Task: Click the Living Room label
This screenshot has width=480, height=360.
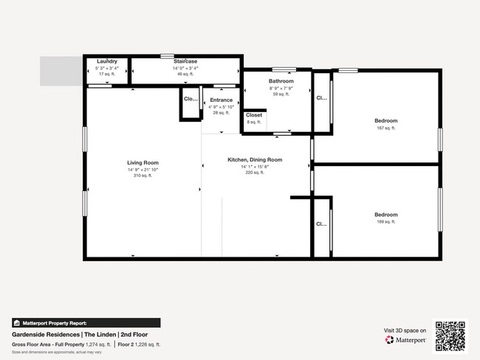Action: point(143,162)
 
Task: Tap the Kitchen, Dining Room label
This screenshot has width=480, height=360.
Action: point(255,159)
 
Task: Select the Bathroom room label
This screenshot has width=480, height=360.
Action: point(281,81)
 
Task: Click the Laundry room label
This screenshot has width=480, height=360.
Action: point(107,61)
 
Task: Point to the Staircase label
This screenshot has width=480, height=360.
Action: point(185,61)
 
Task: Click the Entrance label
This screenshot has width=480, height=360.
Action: point(221,100)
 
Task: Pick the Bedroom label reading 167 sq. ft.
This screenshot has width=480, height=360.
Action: point(385,121)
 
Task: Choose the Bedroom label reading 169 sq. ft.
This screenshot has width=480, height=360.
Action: point(385,215)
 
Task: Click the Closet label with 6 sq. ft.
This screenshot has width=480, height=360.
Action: point(254,115)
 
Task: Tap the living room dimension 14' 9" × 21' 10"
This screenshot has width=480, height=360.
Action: point(143,169)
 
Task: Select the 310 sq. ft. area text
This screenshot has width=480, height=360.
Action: point(143,176)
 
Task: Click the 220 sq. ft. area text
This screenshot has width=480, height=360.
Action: point(255,173)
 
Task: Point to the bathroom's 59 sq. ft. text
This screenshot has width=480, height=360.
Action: point(281,94)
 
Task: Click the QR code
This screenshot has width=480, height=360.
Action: point(450,335)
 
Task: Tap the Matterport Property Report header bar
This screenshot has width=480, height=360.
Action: point(86,323)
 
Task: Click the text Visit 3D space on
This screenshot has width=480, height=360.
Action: point(405,330)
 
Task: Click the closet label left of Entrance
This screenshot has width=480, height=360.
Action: point(190,99)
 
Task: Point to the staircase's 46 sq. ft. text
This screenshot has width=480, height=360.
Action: point(185,75)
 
